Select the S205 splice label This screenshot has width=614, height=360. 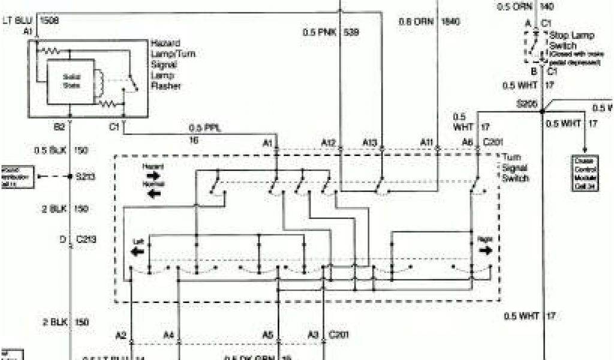coord(528,104)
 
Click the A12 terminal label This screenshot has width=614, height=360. coord(328,142)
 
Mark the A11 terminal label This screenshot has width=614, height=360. coord(426,142)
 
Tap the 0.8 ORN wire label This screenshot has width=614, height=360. coord(414,22)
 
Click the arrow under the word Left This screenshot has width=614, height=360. coord(137,250)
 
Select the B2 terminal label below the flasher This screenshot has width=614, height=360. coord(59,127)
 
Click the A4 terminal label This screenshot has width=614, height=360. coord(169,335)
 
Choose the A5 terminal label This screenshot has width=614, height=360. coord(267,335)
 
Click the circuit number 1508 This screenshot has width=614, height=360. coord(50,19)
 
